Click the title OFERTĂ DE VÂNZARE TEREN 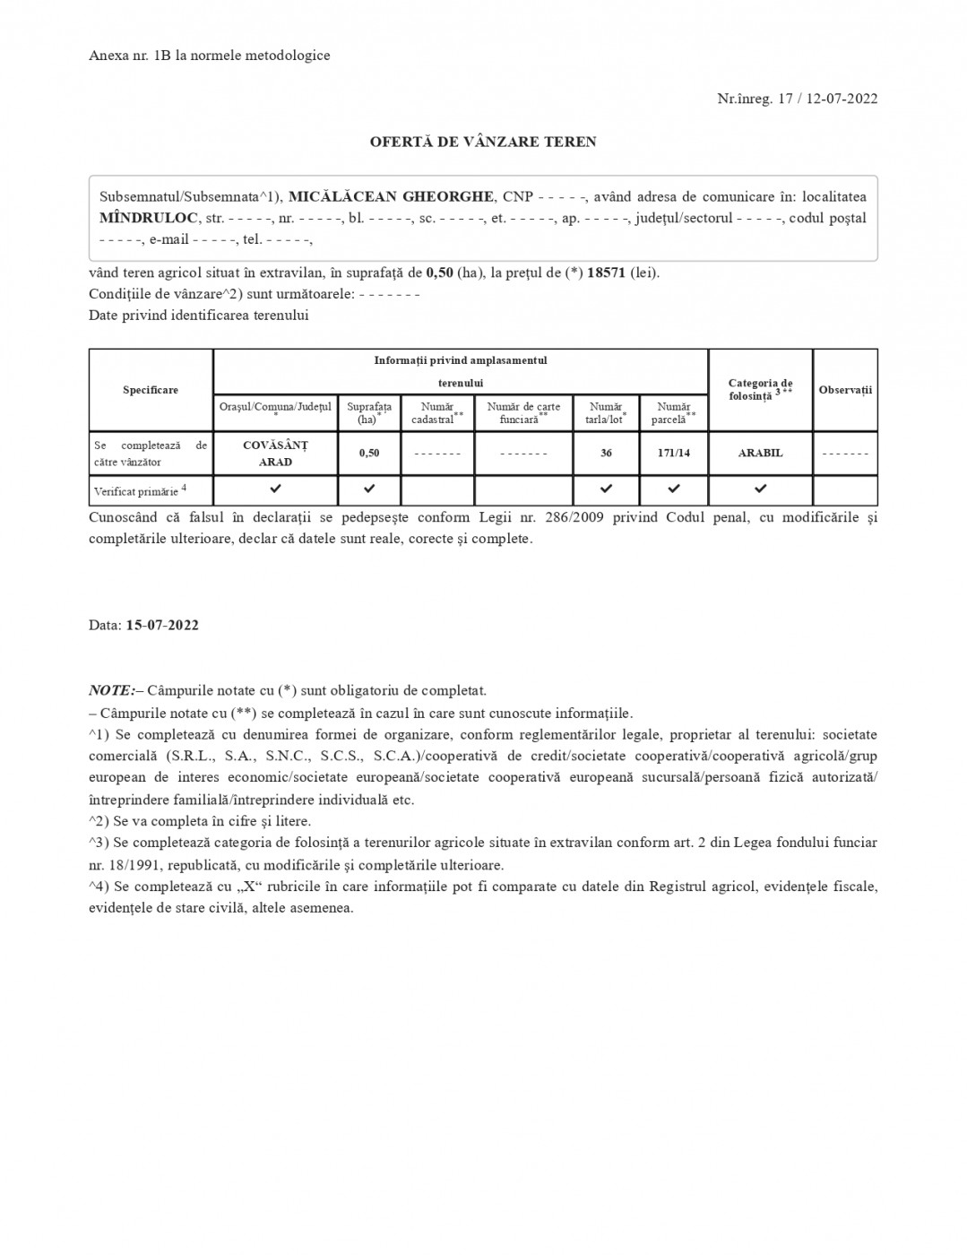click(x=483, y=142)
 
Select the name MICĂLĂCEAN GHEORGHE click(x=391, y=196)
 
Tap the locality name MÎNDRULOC click(x=149, y=218)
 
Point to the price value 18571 click(x=607, y=273)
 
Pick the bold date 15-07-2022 click(x=162, y=625)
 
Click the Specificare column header click(x=151, y=390)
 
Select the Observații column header click(x=844, y=390)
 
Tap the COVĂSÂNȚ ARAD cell click(x=275, y=454)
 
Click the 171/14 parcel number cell click(x=673, y=453)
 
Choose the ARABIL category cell click(x=760, y=453)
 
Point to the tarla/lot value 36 click(x=606, y=453)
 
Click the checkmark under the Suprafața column click(x=368, y=489)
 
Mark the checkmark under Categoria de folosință click(x=760, y=489)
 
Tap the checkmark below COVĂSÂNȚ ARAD click(x=275, y=489)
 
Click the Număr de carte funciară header click(x=523, y=412)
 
